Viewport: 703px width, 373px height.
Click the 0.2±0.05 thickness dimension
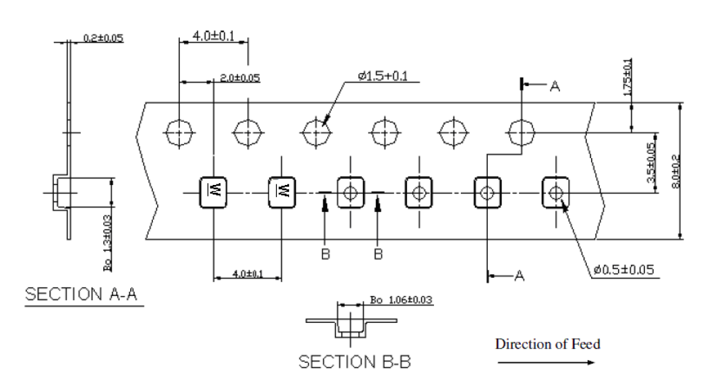click(103, 38)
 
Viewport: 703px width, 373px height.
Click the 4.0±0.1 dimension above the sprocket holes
click(213, 36)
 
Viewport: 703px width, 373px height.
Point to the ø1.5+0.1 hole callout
click(383, 76)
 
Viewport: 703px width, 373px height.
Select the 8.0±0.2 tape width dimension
click(677, 172)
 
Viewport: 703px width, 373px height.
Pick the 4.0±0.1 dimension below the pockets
click(247, 273)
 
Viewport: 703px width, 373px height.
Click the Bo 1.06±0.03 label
click(401, 300)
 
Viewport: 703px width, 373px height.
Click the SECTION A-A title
click(81, 294)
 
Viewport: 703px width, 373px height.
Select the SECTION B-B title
click(355, 361)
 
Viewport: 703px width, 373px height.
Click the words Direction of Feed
click(547, 344)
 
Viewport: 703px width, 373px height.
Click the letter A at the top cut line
click(554, 87)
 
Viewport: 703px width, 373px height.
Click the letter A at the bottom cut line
click(519, 276)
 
